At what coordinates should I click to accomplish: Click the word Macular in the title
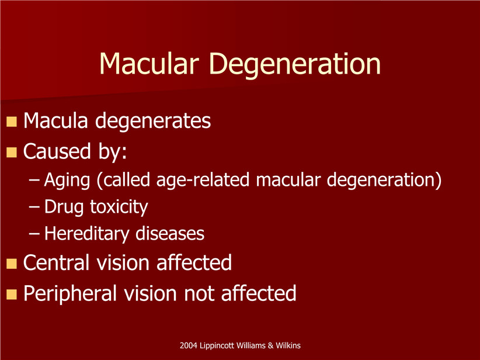pyautogui.click(x=149, y=63)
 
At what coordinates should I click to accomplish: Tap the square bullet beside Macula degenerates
pyautogui.click(x=12, y=122)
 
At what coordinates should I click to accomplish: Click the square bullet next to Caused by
pyautogui.click(x=12, y=153)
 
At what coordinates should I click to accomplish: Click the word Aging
pyautogui.click(x=67, y=181)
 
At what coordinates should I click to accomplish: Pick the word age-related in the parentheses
pyautogui.click(x=203, y=180)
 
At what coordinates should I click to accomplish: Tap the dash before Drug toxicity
pyautogui.click(x=34, y=207)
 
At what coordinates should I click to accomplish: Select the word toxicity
pyautogui.click(x=119, y=207)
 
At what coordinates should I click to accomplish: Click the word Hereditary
pyautogui.click(x=87, y=234)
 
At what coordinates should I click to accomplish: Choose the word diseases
pyautogui.click(x=170, y=233)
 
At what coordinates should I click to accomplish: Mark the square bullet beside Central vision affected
pyautogui.click(x=12, y=264)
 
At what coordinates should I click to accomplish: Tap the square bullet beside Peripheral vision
pyautogui.click(x=12, y=294)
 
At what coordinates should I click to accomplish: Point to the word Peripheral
pyautogui.click(x=70, y=294)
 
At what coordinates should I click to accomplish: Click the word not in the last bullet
pyautogui.click(x=199, y=294)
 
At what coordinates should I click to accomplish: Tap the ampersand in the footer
pyautogui.click(x=270, y=346)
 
